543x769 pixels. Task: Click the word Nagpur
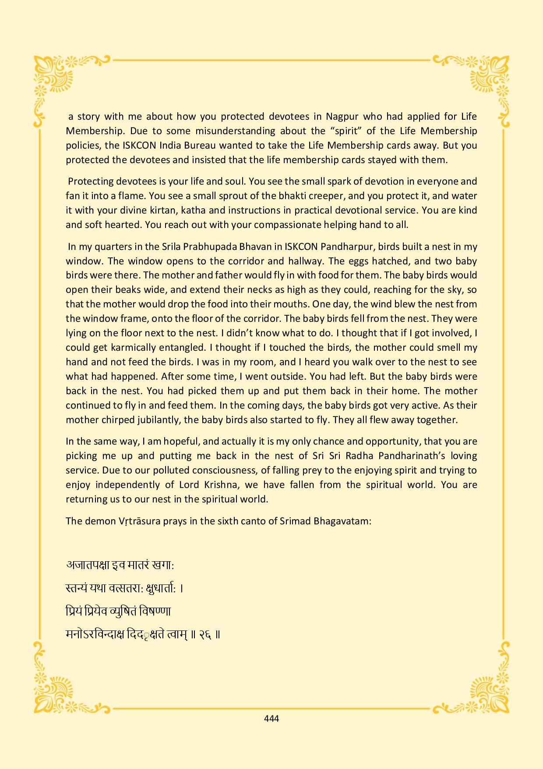point(342,117)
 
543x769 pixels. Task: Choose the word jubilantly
point(154,420)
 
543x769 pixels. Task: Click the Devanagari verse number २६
point(205,634)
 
